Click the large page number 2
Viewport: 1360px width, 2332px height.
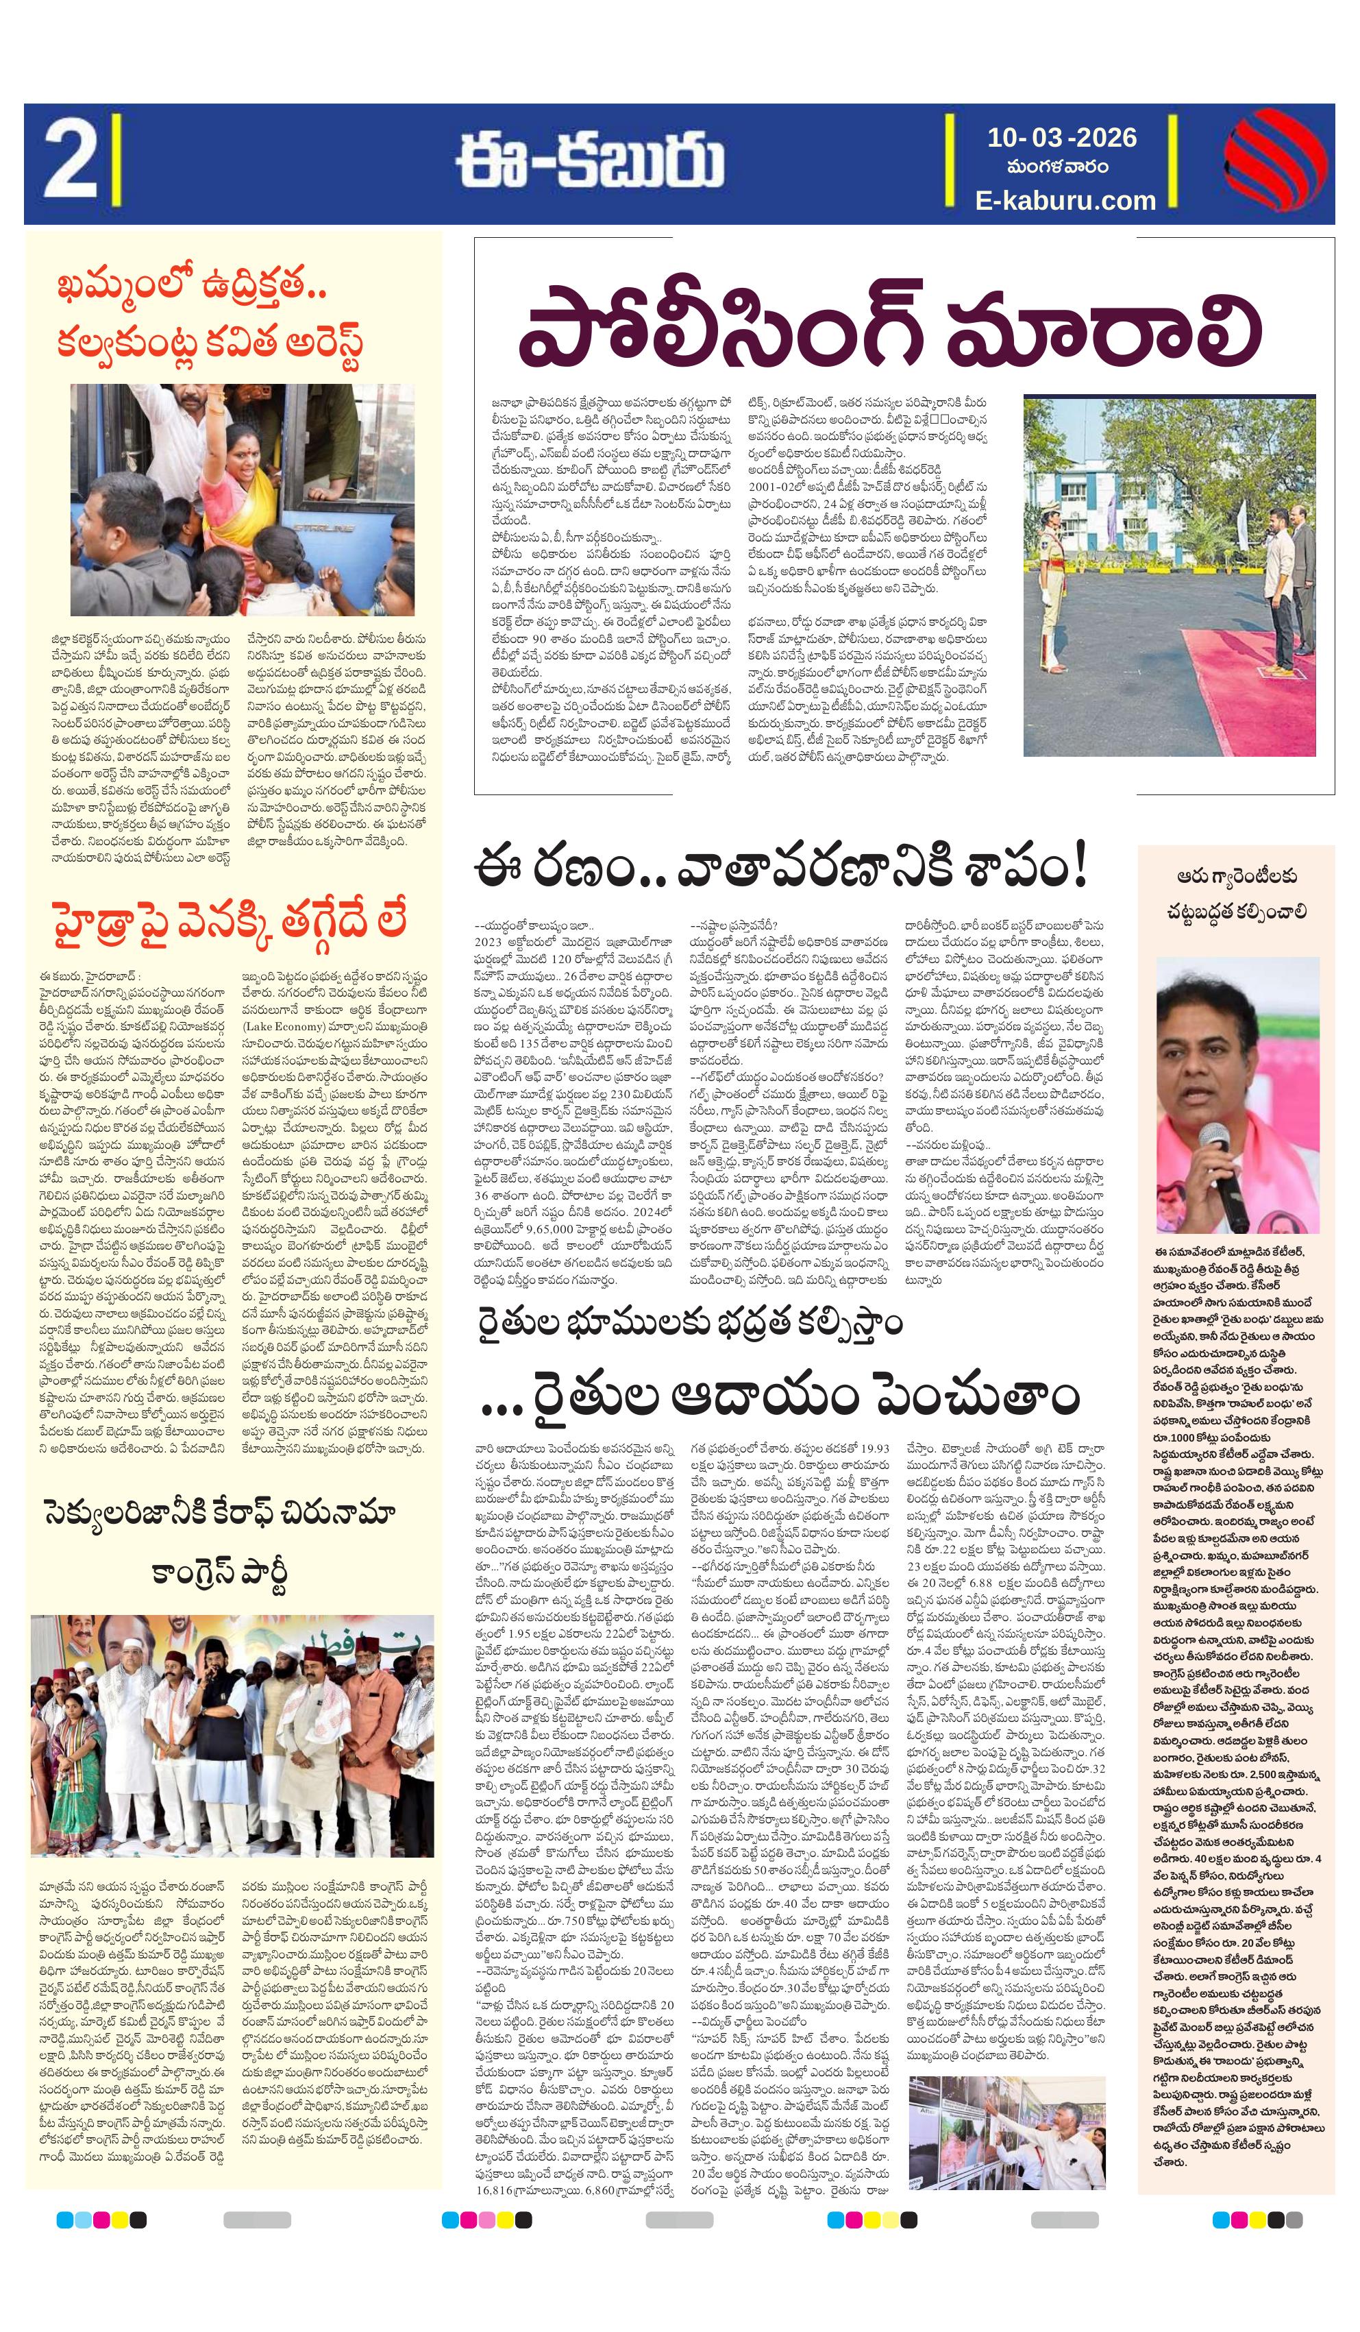click(69, 163)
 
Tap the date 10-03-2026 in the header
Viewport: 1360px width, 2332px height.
click(1061, 138)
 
